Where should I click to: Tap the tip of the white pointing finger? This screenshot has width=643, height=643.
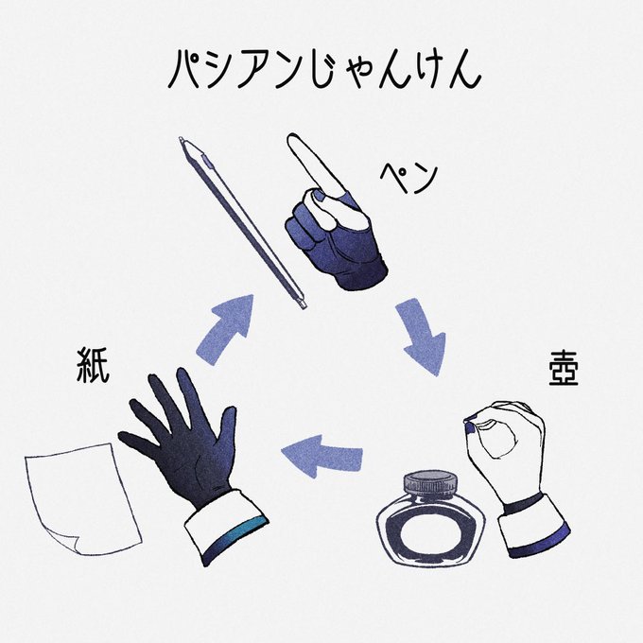tap(296, 144)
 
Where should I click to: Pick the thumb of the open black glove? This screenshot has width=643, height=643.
tap(138, 441)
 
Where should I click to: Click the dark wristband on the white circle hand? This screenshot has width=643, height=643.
tap(523, 502)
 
